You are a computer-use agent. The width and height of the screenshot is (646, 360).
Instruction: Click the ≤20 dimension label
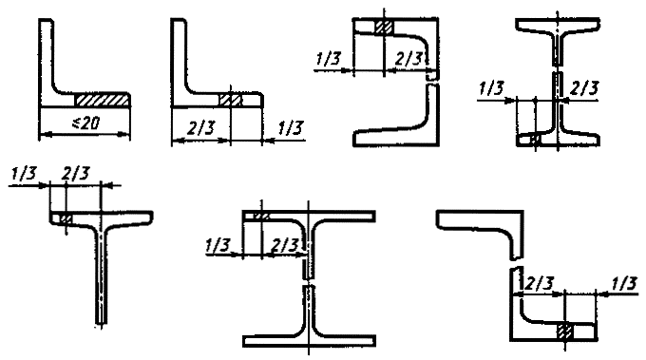(x=85, y=123)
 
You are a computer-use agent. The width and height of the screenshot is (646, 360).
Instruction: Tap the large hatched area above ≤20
(x=102, y=100)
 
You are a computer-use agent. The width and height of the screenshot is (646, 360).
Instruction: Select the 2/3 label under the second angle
(x=200, y=128)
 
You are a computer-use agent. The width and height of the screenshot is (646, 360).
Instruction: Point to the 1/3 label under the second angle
(x=291, y=128)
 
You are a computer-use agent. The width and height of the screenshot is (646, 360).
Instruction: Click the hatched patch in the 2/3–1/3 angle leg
(x=231, y=100)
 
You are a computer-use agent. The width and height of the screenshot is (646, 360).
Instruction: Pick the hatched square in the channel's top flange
(x=384, y=27)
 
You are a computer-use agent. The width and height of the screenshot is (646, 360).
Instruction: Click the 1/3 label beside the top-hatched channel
(x=328, y=59)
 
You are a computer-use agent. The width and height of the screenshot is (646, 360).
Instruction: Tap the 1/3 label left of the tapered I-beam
(x=491, y=88)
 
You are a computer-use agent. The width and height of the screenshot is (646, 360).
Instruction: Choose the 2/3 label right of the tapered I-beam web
(x=584, y=88)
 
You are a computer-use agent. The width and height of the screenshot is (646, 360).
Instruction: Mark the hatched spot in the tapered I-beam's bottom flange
(x=535, y=140)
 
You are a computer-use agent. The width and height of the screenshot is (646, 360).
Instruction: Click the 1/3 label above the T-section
(x=24, y=174)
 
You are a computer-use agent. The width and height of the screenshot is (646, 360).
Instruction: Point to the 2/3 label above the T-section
(x=75, y=174)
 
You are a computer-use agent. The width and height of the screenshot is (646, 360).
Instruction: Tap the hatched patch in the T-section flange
(x=66, y=218)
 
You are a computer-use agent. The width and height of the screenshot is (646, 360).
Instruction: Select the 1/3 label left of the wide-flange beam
(x=218, y=245)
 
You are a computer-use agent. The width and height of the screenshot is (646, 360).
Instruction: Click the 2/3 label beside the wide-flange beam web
(x=284, y=245)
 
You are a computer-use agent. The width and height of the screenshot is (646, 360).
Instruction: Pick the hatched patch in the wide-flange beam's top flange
(x=260, y=216)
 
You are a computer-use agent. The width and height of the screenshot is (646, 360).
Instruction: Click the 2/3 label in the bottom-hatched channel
(x=539, y=283)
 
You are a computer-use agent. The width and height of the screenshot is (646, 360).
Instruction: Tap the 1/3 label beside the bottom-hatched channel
(x=624, y=283)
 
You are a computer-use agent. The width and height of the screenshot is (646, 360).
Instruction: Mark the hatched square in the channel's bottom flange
(x=565, y=332)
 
